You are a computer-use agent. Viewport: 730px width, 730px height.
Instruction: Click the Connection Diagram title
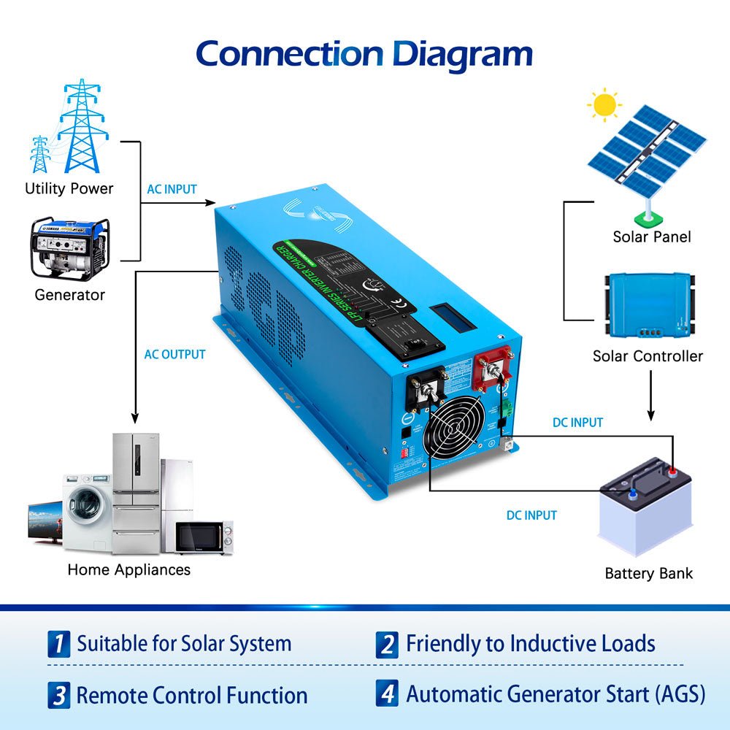[364, 55]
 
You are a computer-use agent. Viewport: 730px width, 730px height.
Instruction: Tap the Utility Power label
[69, 188]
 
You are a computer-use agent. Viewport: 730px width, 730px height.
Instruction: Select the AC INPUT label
[172, 189]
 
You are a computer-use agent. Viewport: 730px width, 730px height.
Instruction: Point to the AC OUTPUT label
[174, 355]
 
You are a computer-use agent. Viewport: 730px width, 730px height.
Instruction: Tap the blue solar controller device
[650, 307]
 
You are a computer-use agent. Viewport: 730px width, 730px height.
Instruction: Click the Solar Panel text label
[651, 237]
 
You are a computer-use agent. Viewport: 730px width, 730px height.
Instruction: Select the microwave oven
[203, 538]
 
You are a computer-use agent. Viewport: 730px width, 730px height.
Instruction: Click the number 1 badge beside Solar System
[58, 644]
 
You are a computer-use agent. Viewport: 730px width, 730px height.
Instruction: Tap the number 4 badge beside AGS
[388, 693]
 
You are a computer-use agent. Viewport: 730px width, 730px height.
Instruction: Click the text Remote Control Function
[191, 695]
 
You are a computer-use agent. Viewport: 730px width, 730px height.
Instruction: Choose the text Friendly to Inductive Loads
[530, 644]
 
